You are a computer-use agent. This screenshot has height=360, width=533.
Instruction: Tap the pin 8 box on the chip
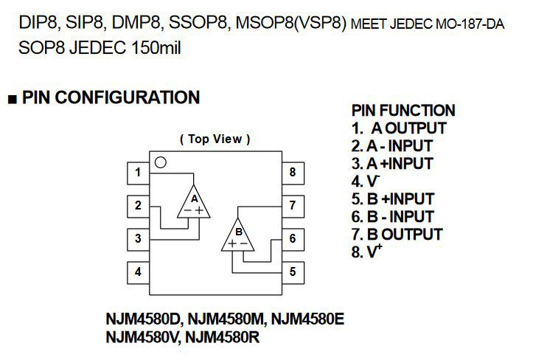coord(293,173)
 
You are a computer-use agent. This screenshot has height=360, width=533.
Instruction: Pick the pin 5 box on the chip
coord(293,271)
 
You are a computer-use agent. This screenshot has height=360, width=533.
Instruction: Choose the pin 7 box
coord(293,206)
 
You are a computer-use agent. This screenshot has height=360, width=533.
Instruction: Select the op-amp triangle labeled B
coord(238,236)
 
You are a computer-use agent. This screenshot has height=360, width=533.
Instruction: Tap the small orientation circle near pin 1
coord(161,162)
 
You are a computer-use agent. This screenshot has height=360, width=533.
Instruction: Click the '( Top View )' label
coord(215,139)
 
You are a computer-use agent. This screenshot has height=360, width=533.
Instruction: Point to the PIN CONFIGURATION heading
coord(111,98)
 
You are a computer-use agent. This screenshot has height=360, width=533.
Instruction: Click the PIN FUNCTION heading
coord(403,111)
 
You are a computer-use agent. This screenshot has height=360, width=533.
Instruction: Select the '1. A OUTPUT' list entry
coord(399,128)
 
